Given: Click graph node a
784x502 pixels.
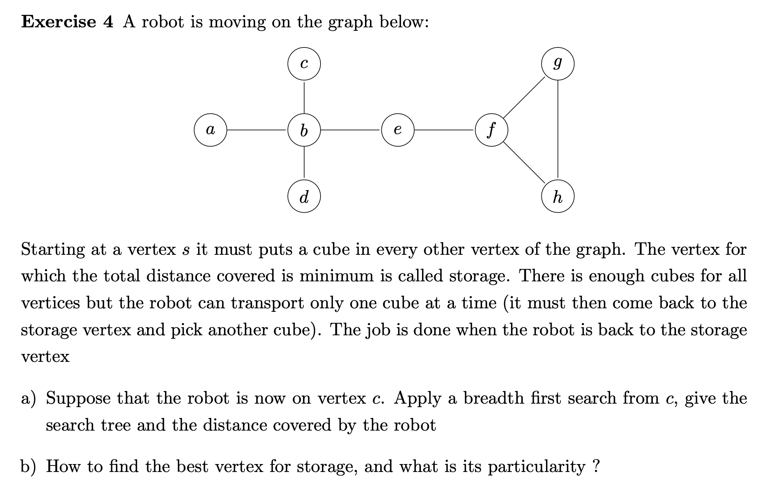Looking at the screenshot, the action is [210, 130].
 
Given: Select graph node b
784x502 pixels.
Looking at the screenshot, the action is [304, 130].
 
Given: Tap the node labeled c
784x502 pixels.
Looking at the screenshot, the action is [304, 64].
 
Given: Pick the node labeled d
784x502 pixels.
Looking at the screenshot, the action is [304, 196].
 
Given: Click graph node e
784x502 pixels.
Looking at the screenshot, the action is [398, 130].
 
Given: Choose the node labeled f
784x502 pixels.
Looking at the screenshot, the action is [491, 130].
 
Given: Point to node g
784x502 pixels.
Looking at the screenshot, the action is [558, 64].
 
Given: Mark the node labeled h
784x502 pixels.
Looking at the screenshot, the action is [558, 196].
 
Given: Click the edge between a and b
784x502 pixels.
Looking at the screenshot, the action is [257, 130].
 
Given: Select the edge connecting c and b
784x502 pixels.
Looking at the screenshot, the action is [304, 97].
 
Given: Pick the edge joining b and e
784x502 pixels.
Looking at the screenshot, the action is [351, 130].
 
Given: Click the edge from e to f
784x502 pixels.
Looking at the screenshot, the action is [444, 130].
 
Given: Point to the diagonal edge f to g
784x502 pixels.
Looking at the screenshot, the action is [524, 97].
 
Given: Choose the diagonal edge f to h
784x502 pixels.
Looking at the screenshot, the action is [524, 163].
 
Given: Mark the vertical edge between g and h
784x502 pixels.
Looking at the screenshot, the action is [558, 130].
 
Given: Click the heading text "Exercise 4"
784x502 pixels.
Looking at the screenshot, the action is [67, 22].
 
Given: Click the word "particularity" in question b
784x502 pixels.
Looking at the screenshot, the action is [536, 466].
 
